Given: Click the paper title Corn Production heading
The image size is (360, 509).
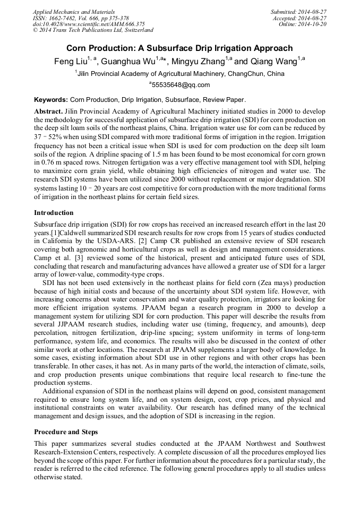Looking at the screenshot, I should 179,48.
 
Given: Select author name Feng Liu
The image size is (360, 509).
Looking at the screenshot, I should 71,61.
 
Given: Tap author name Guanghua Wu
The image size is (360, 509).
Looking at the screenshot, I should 125,61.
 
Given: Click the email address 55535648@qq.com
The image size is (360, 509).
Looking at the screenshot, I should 181,85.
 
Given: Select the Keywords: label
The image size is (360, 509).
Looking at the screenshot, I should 51,99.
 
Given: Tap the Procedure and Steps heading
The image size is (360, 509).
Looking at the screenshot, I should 66,432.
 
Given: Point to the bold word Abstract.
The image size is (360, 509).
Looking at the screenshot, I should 48,112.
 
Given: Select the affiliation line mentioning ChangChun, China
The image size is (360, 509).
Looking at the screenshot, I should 179,74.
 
